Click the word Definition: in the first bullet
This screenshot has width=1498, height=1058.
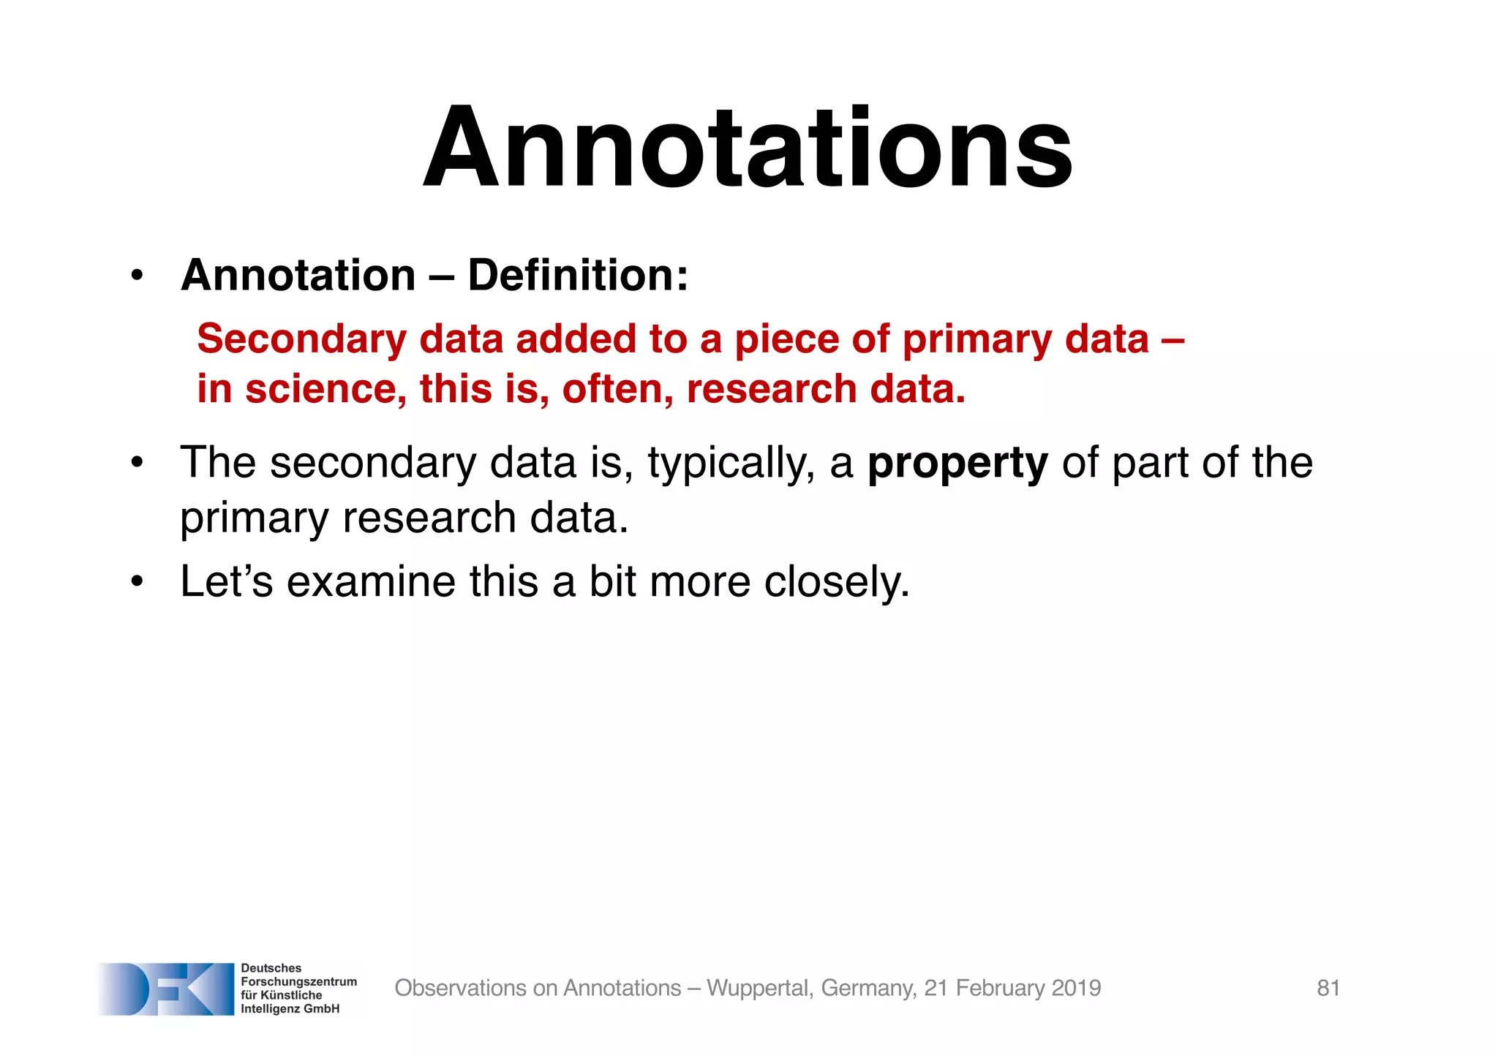(578, 276)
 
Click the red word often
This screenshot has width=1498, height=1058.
(617, 389)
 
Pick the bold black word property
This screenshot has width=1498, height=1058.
(957, 464)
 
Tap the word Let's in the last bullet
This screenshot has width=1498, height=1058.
(226, 582)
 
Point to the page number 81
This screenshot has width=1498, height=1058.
(1328, 989)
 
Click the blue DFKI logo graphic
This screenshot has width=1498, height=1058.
(167, 989)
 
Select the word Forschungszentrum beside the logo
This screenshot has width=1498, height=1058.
(298, 982)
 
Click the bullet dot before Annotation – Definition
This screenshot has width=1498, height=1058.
(137, 277)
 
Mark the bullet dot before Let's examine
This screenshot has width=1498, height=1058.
(137, 583)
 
